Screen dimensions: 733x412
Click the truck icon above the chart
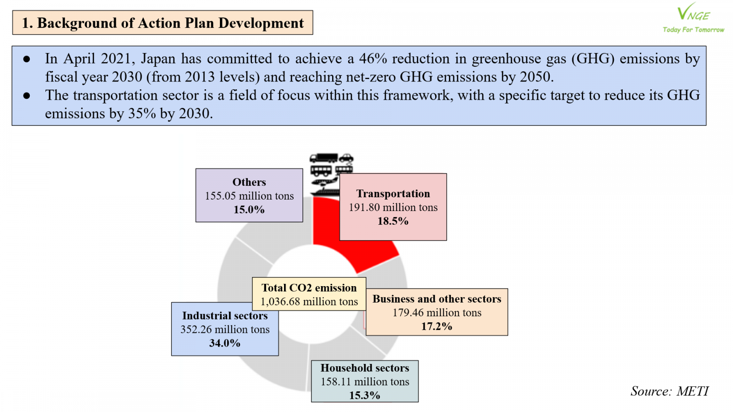[323, 158]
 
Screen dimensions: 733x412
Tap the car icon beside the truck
[346, 158]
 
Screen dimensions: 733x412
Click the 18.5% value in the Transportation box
[393, 222]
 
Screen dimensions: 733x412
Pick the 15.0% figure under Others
[249, 210]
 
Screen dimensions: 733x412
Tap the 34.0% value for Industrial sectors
[225, 343]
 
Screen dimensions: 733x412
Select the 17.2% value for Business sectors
[437, 326]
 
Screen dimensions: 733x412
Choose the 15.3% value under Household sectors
[365, 396]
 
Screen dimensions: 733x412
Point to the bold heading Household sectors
[365, 368]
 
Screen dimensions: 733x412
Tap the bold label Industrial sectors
[225, 315]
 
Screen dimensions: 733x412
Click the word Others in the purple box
[249, 182]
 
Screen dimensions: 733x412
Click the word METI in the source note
[692, 391]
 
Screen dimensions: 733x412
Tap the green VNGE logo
[694, 17]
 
